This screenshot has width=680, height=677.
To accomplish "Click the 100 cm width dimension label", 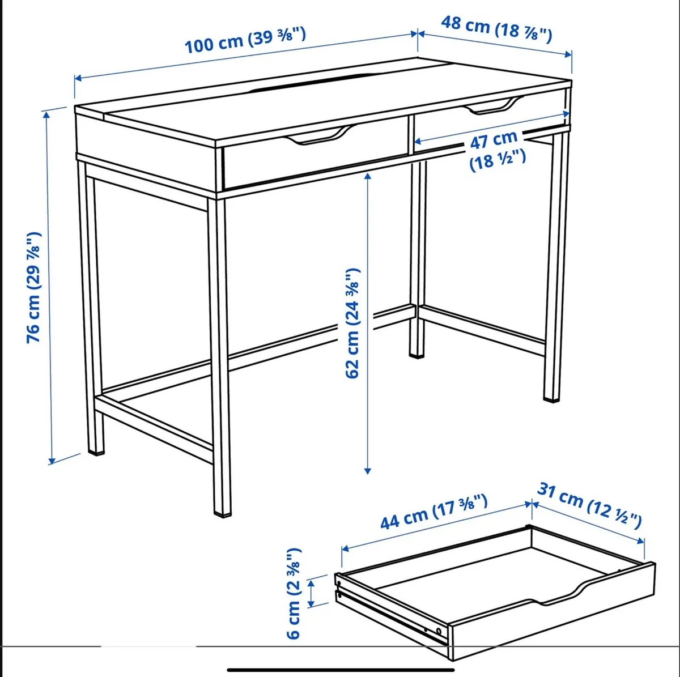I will (245, 40).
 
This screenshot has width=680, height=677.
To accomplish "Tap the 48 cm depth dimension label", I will (496, 29).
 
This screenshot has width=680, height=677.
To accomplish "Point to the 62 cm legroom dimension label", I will (354, 323).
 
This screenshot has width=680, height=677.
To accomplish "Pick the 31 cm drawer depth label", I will (589, 505).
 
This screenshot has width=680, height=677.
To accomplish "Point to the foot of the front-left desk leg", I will (97, 452).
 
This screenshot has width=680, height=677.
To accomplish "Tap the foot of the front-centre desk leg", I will (222, 513).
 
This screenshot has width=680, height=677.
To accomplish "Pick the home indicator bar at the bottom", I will (339, 670).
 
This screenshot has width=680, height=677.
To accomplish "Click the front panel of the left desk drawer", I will (314, 161).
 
